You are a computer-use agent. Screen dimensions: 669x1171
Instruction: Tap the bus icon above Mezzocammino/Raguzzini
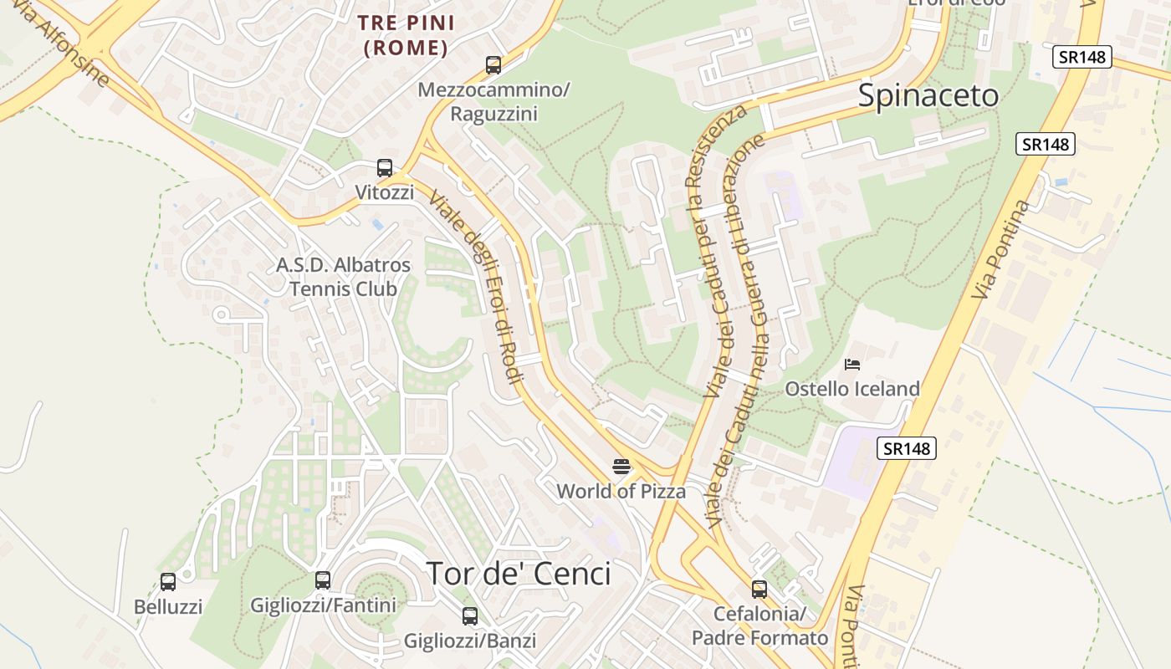point(493,64)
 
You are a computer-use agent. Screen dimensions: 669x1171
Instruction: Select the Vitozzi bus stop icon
point(385,168)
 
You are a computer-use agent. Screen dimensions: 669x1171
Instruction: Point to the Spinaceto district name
point(928,96)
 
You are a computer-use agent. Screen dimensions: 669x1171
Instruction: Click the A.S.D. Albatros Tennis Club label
point(344,277)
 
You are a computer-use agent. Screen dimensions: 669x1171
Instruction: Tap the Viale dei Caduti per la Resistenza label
point(715,251)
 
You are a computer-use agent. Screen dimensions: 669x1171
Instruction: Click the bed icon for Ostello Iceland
point(852,364)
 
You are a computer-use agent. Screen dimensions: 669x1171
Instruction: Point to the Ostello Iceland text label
point(852,389)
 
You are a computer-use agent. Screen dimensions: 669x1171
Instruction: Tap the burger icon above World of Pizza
point(621,466)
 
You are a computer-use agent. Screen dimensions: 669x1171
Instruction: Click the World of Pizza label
point(621,491)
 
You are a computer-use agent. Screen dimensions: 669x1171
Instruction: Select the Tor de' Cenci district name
point(519,574)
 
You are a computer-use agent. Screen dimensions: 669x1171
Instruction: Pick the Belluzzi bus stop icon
point(168,582)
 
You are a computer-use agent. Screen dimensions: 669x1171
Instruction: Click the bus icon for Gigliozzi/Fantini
point(323,580)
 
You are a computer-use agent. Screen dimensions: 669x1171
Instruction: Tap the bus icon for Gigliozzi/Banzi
point(470,616)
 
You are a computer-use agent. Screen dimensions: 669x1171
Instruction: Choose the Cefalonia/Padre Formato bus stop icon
point(759,589)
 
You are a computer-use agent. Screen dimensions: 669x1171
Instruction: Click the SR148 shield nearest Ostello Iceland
point(907,448)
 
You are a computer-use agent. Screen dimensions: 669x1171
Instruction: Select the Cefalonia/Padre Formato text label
point(759,626)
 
